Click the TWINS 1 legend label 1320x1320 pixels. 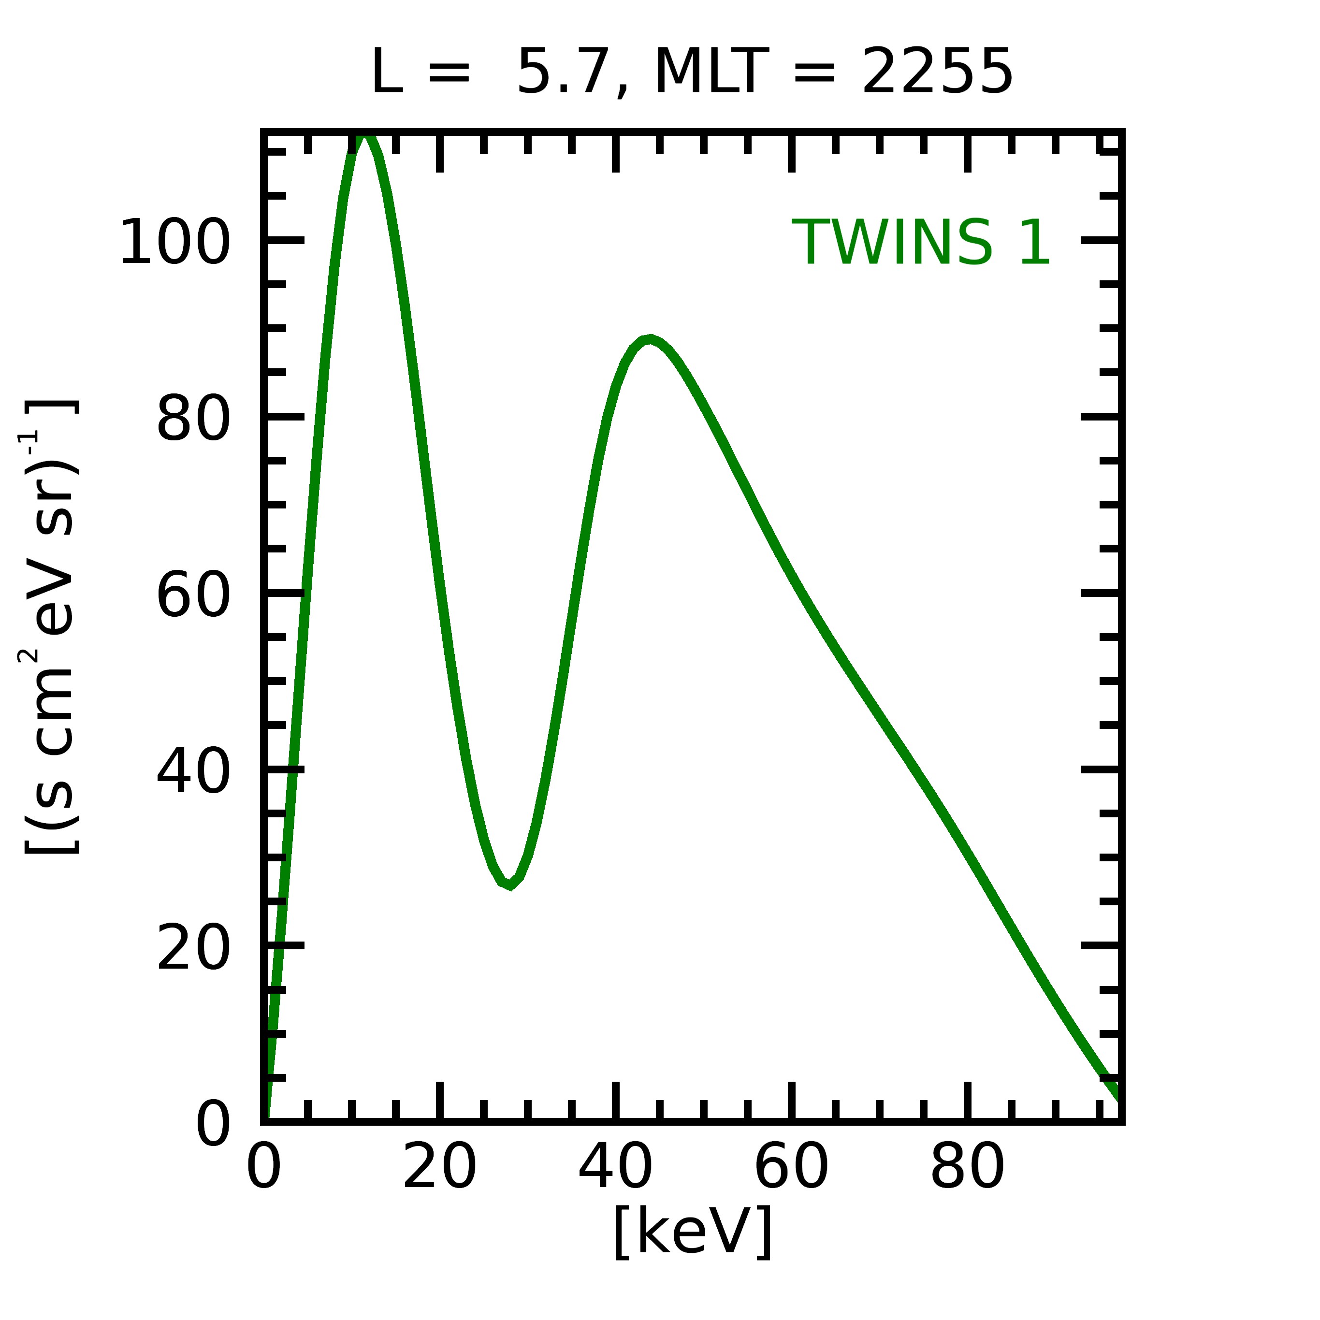[x=920, y=243]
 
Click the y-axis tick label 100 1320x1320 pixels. [x=174, y=243]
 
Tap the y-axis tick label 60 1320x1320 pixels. [x=193, y=596]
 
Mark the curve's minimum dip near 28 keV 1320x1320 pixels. [x=510, y=885]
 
